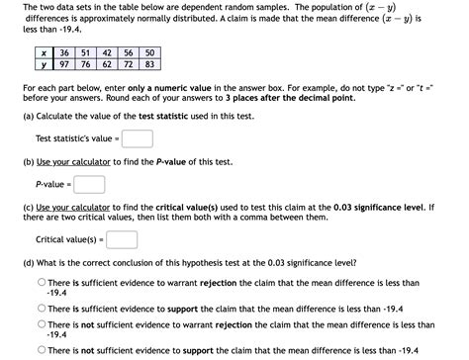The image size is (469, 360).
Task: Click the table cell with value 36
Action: click(x=63, y=52)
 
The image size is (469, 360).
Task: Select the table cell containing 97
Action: click(x=63, y=64)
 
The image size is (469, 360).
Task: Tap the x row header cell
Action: click(x=43, y=52)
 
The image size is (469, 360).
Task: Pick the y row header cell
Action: click(x=43, y=64)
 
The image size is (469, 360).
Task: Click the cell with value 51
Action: click(x=85, y=52)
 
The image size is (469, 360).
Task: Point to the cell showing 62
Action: click(x=107, y=64)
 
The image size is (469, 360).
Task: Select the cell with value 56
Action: click(x=129, y=52)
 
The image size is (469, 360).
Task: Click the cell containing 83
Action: click(x=149, y=64)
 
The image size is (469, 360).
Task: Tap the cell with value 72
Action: click(x=129, y=64)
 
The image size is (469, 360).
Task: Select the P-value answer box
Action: click(x=89, y=184)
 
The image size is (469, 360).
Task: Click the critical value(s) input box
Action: click(x=122, y=239)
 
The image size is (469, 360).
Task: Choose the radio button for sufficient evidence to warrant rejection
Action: click(x=42, y=283)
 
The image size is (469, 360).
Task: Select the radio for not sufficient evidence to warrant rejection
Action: click(x=42, y=324)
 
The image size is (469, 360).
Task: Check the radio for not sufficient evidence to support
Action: click(x=42, y=349)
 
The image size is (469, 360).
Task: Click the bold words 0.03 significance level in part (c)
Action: click(x=381, y=207)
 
